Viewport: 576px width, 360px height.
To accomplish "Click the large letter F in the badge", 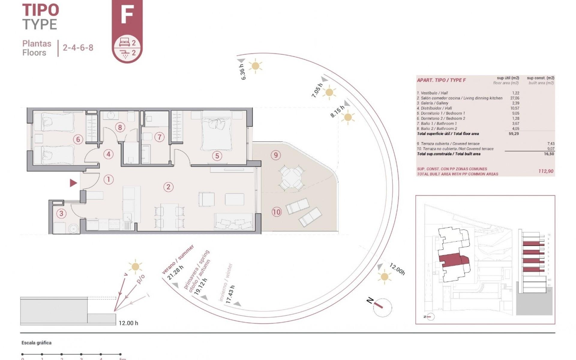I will coord(127,15).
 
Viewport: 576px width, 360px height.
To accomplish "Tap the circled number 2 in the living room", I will coord(168,187).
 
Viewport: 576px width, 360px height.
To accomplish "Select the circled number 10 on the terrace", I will coord(276,212).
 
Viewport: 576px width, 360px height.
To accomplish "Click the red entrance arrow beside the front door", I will coord(73,183).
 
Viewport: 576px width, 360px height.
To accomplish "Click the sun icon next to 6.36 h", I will coord(256,66).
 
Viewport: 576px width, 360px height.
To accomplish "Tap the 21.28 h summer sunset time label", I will coord(175,273).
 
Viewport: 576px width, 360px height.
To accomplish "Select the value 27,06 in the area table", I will coord(514,98).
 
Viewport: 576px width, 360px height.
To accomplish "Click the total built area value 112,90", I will coord(546,171).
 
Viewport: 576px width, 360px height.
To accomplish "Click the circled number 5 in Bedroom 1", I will coord(217,156).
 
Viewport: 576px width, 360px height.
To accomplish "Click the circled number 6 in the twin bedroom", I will coord(78,139).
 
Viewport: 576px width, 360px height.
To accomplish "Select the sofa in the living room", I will coord(234,222).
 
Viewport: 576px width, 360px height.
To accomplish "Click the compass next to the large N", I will coord(382,308).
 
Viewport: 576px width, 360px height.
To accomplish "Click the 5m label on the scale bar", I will coord(122,358).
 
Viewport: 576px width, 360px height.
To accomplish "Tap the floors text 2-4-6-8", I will coord(78,48).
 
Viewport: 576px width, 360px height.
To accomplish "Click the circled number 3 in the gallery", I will coord(61,214).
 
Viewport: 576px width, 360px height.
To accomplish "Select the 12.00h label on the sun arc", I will coord(397,269).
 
